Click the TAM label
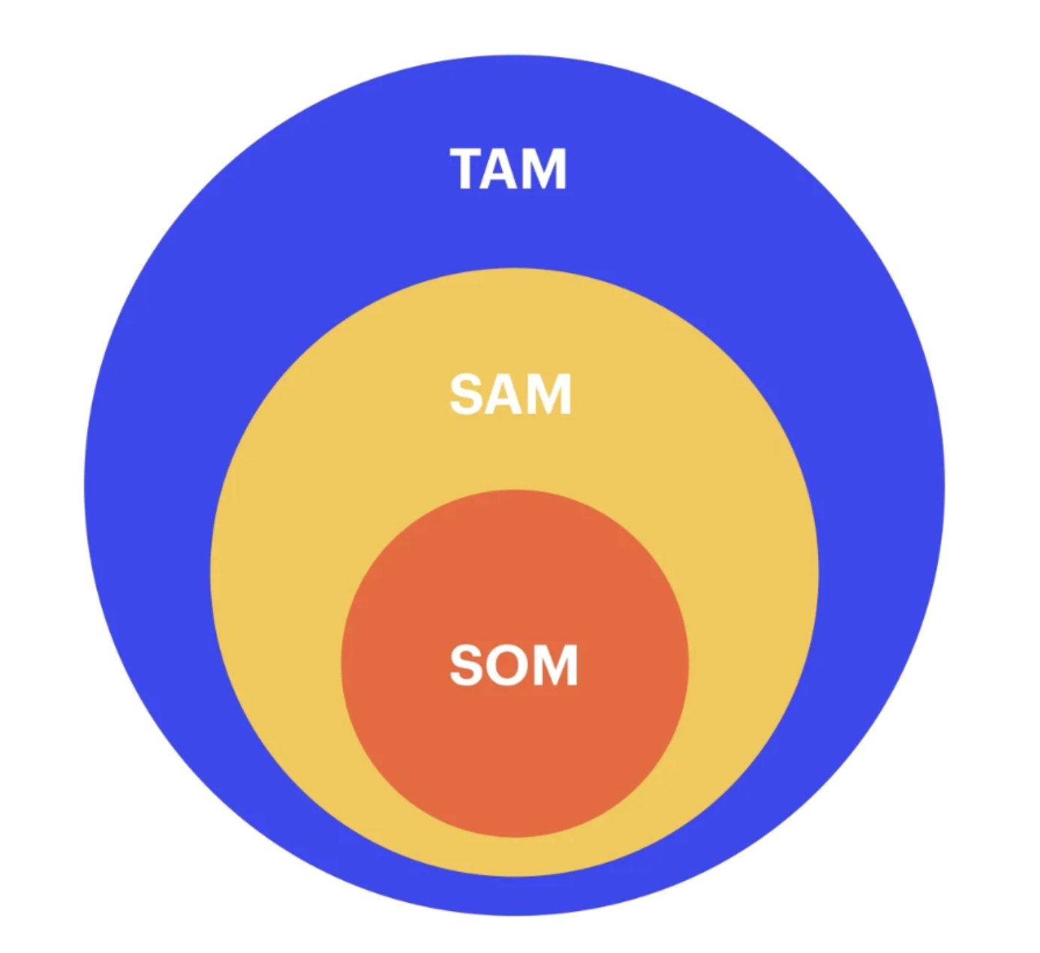pos(509,169)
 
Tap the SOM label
pos(514,665)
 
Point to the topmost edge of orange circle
pos(515,492)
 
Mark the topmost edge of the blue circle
pos(514,57)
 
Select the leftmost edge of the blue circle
pos(86,486)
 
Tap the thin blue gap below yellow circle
pos(515,895)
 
